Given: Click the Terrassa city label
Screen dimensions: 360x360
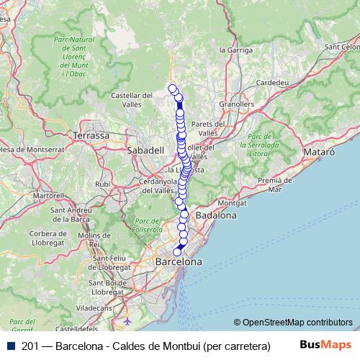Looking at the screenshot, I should coord(91,135).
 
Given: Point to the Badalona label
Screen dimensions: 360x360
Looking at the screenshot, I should coord(217,215).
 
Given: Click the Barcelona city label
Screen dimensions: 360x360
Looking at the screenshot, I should coord(179,263).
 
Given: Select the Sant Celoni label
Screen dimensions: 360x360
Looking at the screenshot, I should coord(341,47).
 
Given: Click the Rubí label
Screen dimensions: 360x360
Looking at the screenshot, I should coord(103,184).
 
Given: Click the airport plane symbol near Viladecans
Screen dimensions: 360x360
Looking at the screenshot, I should coord(128,320).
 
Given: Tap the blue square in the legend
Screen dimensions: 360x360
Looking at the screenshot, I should coord(12,346).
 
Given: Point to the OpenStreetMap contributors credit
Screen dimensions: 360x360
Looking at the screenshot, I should coord(297,323).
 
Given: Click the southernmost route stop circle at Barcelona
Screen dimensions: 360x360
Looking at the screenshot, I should coord(177,252).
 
